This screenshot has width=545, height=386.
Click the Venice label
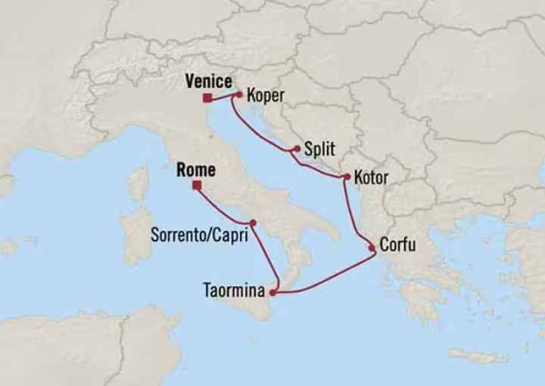[x=207, y=79]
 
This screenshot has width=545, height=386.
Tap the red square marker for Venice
[x=207, y=97]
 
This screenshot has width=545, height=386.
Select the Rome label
[x=195, y=170]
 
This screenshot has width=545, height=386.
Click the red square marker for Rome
[x=196, y=185]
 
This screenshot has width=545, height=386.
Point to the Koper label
[x=266, y=96]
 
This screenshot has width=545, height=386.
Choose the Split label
[x=319, y=150]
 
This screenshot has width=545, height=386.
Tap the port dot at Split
[x=294, y=149]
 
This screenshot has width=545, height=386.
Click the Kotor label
[x=370, y=179]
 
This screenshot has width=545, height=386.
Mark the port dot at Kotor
[x=346, y=178]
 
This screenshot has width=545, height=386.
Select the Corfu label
[x=397, y=246]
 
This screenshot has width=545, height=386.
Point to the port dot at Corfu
[x=372, y=247]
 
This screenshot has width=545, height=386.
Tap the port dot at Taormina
[x=272, y=291]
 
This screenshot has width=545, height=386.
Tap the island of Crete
[x=478, y=355]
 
